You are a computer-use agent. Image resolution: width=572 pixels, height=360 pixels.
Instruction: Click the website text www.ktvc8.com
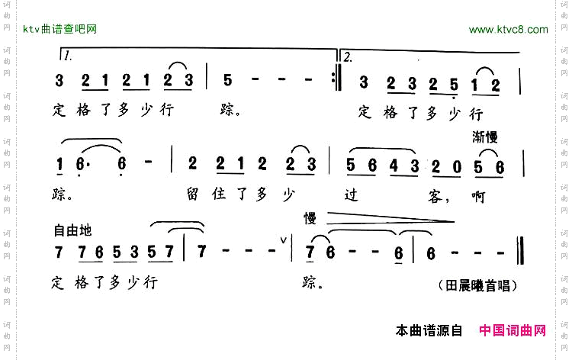[508, 30]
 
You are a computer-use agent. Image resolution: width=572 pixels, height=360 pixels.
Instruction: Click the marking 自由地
[72, 229]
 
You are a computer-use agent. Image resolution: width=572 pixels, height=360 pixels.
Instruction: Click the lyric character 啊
[479, 198]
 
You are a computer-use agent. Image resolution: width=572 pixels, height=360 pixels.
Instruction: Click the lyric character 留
[192, 198]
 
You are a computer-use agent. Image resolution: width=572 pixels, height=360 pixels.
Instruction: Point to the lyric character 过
[351, 198]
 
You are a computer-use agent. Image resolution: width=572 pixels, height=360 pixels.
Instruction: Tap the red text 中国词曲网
[513, 331]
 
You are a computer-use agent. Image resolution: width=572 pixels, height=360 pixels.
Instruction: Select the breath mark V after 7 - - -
[284, 242]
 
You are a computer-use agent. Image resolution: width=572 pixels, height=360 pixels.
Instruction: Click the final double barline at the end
[519, 251]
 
